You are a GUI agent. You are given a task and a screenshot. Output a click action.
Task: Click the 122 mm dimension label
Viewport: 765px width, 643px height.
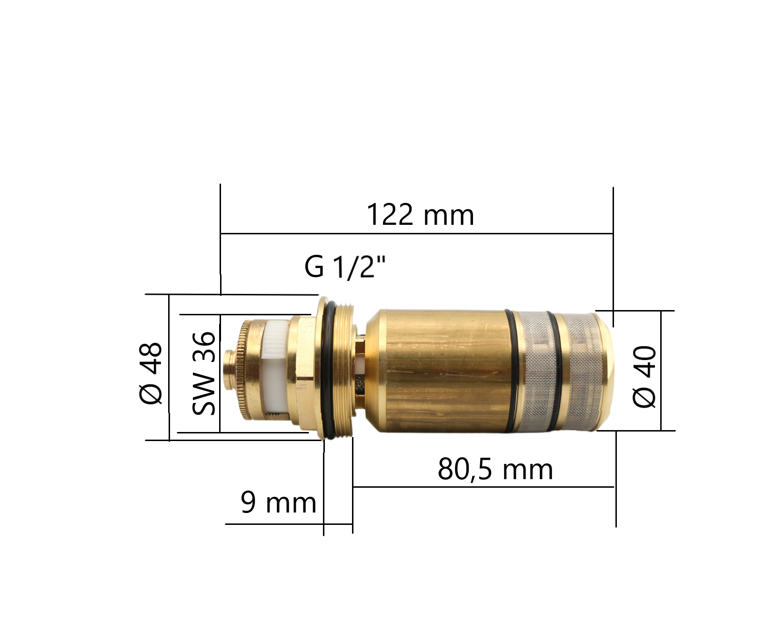(421, 215)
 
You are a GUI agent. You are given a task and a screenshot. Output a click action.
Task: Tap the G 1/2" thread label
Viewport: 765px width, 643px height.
(345, 267)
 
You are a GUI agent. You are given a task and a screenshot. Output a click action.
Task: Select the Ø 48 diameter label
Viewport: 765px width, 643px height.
(151, 373)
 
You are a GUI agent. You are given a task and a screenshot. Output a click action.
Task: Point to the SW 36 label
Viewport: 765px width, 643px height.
(204, 373)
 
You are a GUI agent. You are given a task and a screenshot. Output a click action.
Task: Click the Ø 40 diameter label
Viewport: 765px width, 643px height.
(644, 377)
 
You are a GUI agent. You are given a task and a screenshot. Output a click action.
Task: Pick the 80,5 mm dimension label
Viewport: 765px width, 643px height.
(495, 470)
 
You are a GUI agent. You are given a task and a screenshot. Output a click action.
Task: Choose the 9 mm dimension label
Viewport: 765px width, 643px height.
(279, 502)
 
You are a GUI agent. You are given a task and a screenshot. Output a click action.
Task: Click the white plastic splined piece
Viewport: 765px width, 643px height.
(275, 369)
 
